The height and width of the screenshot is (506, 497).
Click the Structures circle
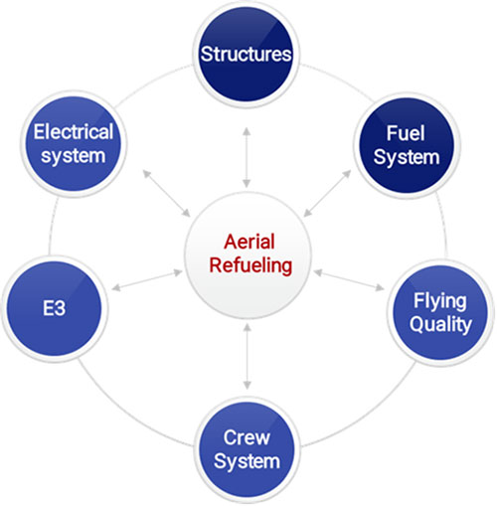click(x=247, y=55)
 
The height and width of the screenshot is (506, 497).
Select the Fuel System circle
click(x=408, y=145)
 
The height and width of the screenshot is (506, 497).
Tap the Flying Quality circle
click(x=440, y=312)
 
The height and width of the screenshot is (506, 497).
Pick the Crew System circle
click(x=247, y=449)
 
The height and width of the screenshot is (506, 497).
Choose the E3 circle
click(x=55, y=308)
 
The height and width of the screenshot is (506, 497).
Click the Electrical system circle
click(x=74, y=144)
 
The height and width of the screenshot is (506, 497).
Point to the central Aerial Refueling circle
click(x=248, y=255)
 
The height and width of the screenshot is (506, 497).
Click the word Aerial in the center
click(x=249, y=242)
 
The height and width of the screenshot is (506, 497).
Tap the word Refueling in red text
click(x=250, y=265)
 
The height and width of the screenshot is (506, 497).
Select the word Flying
click(x=440, y=301)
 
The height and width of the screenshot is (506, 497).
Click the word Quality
click(x=440, y=324)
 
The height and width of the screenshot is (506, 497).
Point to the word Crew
click(x=247, y=437)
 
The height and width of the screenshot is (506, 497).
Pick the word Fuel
click(x=406, y=133)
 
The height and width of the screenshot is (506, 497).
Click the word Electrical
click(x=74, y=131)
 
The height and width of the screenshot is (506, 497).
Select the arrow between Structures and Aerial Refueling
click(x=247, y=157)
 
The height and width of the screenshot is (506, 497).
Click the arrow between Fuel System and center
click(x=327, y=194)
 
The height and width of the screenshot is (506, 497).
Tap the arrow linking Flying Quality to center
click(x=349, y=280)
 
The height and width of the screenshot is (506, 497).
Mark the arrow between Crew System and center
click(x=247, y=356)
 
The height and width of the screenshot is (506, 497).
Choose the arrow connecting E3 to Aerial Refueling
click(x=147, y=280)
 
